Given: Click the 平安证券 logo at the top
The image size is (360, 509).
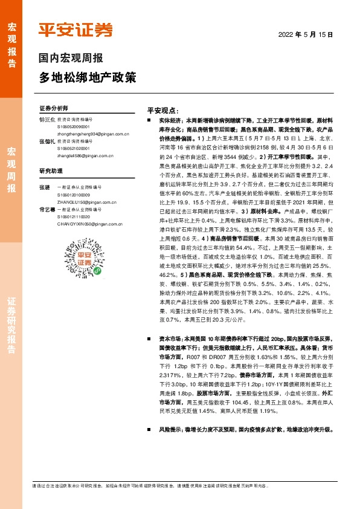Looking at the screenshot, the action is tap(76, 30).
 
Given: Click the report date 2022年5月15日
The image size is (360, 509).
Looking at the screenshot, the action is tap(306, 35).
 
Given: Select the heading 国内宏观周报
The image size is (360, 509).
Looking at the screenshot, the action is tap(71, 59).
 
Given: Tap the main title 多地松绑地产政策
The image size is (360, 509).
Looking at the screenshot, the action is tap(88, 78).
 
